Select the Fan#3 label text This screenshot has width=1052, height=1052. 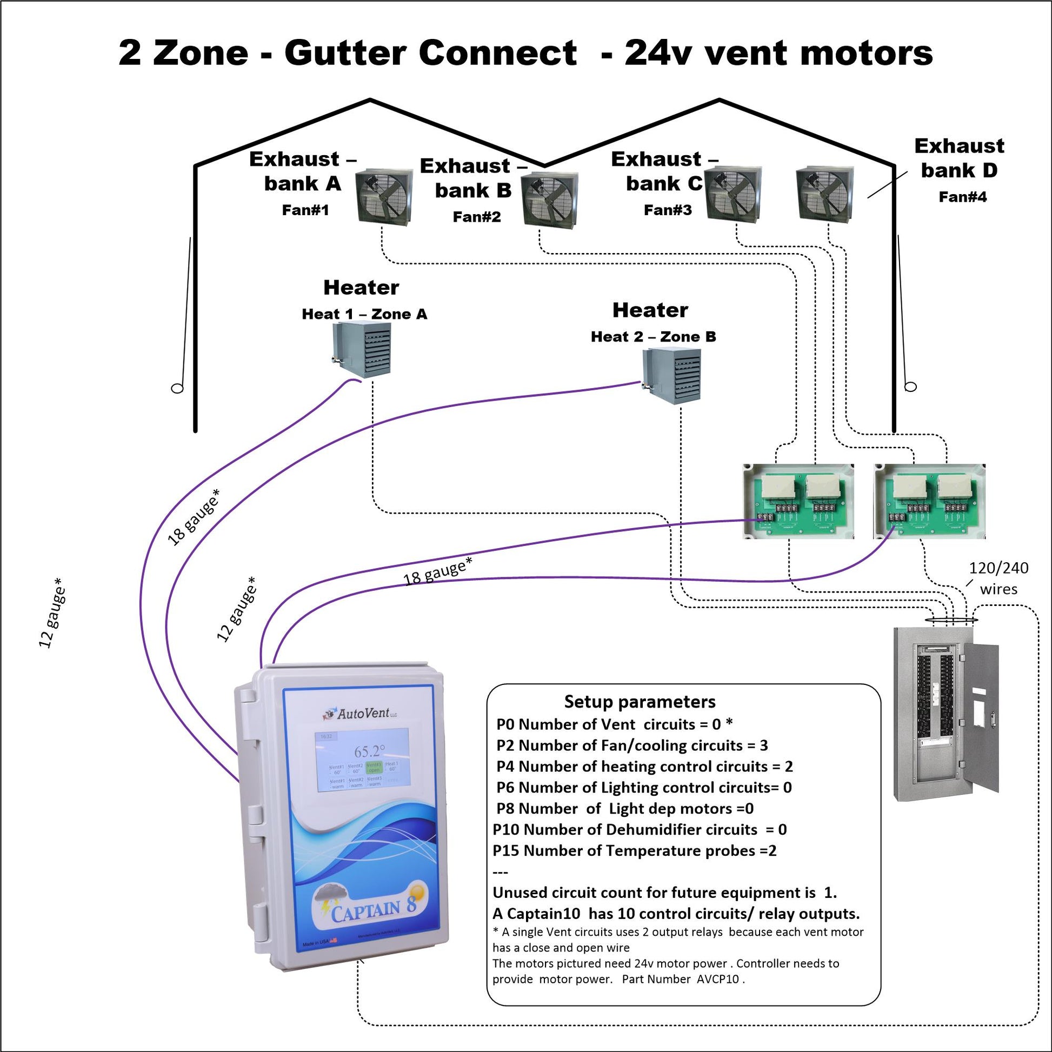pos(668,210)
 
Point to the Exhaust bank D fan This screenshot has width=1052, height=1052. pos(824,195)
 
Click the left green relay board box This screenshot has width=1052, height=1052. pos(798,502)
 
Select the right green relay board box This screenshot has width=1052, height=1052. pos(929,502)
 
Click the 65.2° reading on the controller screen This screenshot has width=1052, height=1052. pos(369,752)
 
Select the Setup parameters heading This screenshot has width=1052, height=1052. pos(640,702)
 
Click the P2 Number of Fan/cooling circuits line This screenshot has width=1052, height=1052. pos(631,745)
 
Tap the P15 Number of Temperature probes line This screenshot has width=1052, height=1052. pos(634,850)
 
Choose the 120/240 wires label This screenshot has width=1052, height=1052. pos(998,578)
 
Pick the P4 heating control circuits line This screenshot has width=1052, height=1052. pos(644,767)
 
